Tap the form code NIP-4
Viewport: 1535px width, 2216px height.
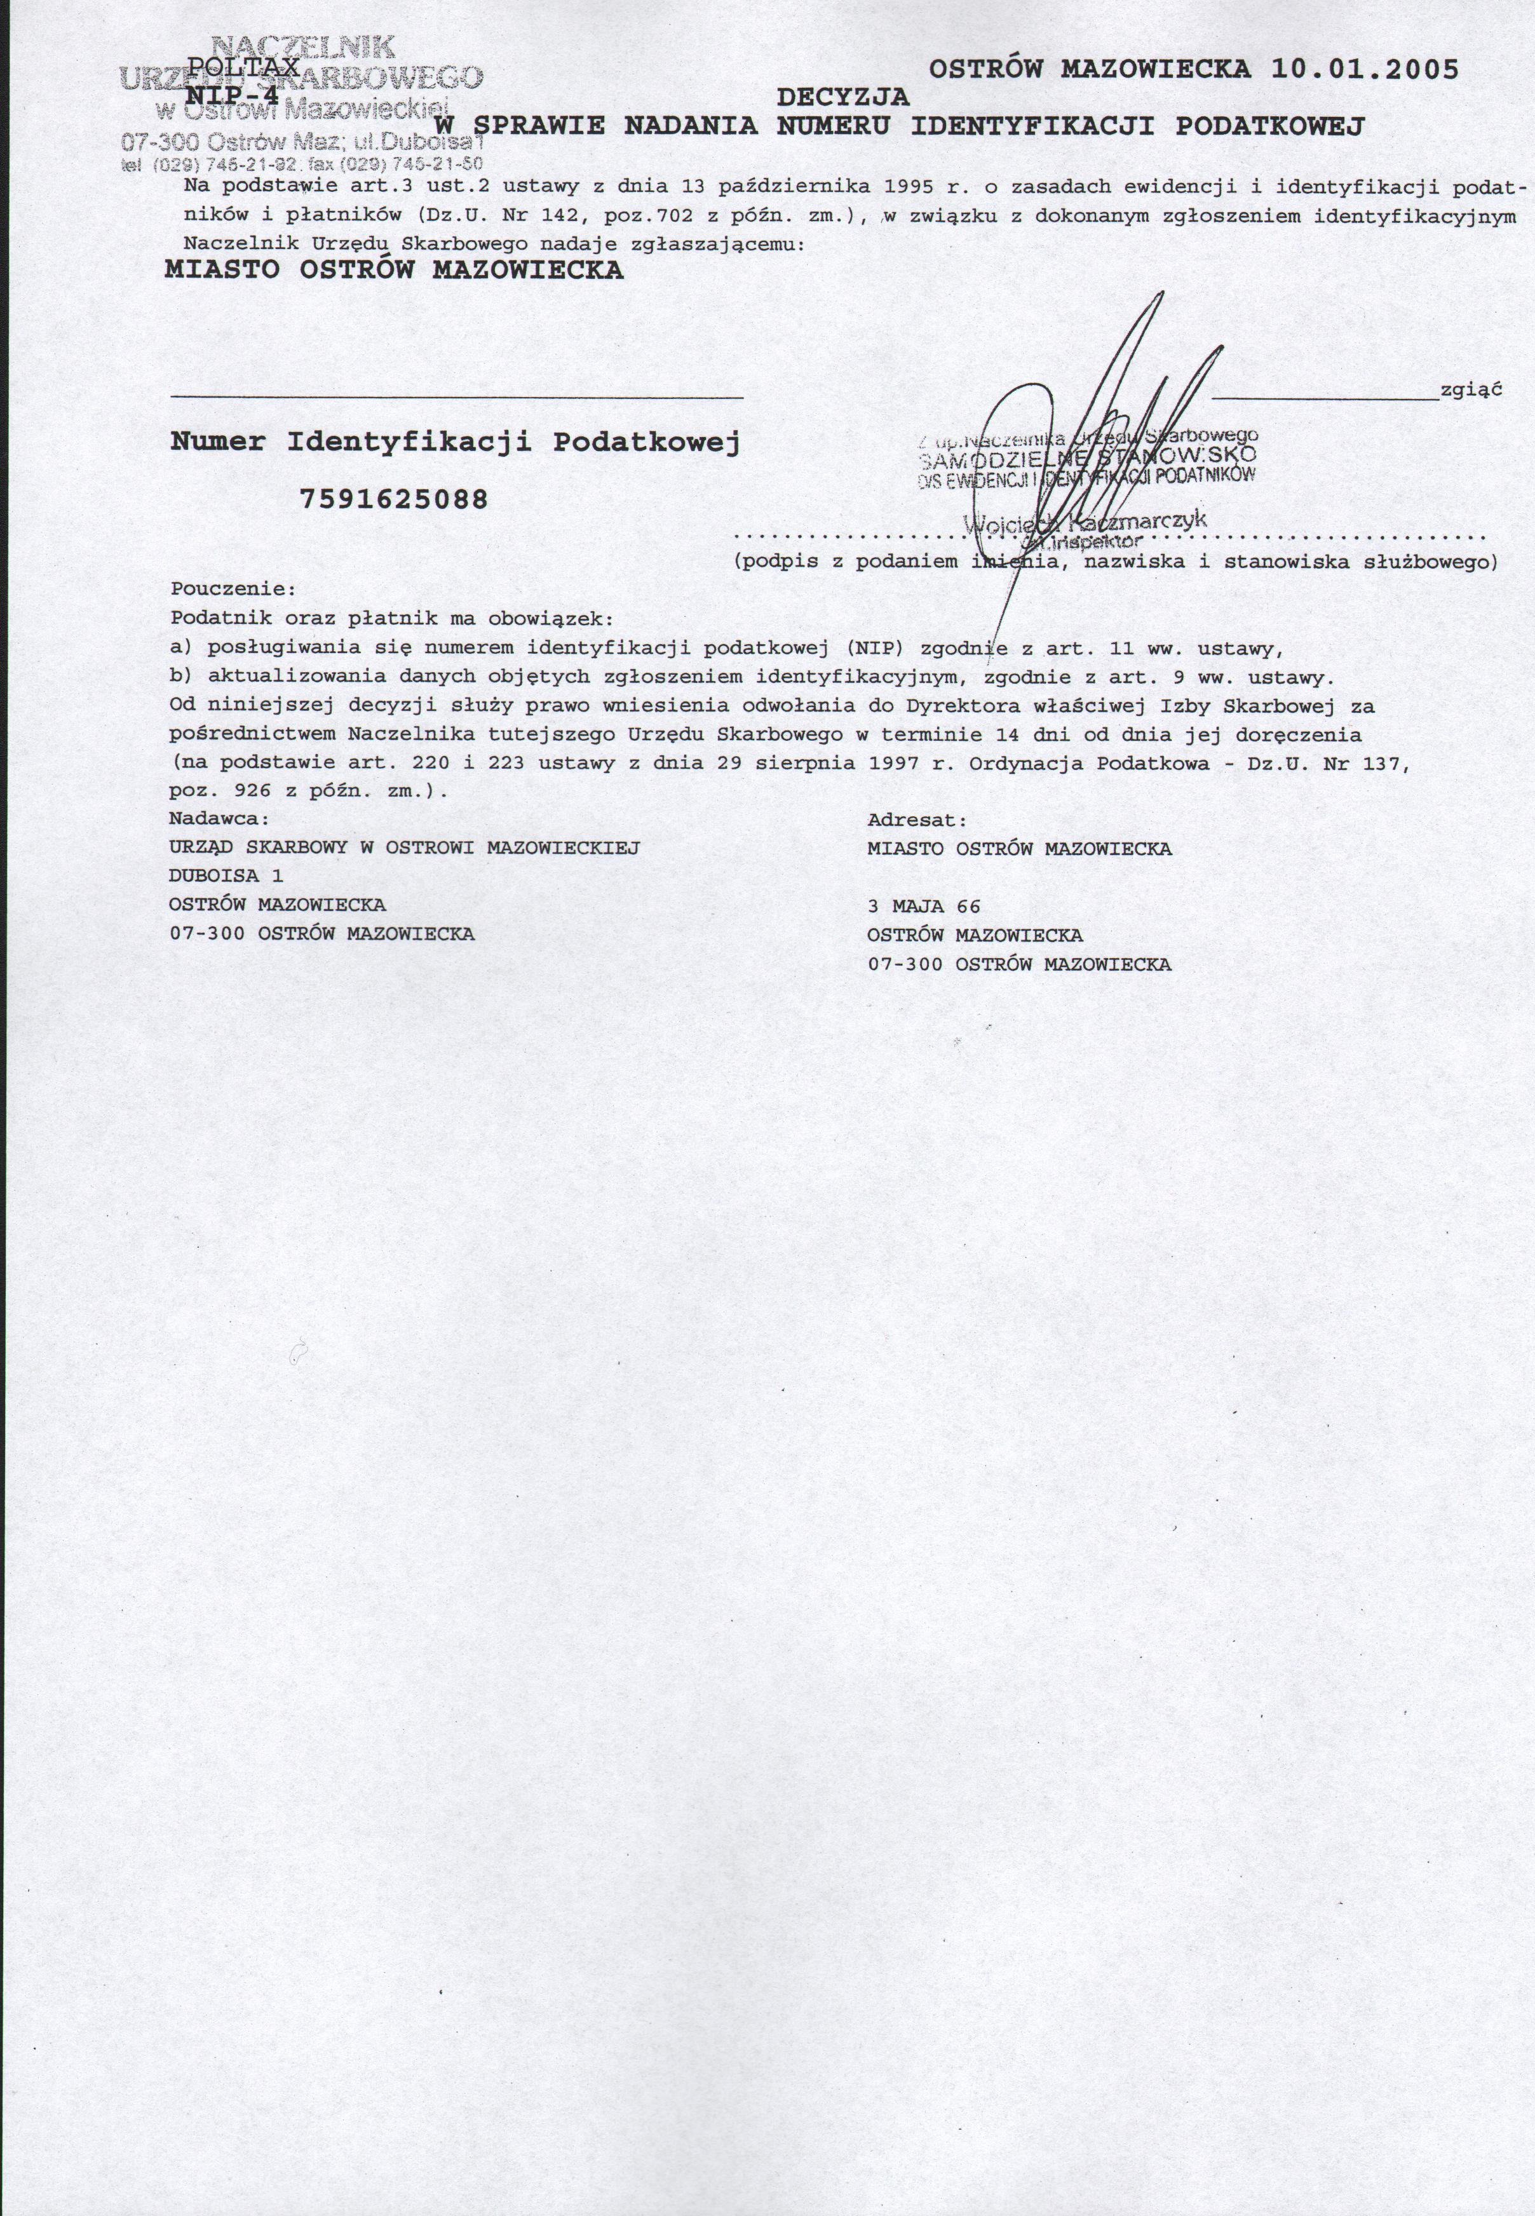pyautogui.click(x=231, y=96)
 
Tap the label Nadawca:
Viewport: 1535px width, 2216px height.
pyautogui.click(x=219, y=820)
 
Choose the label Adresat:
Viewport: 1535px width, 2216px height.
pyautogui.click(x=917, y=820)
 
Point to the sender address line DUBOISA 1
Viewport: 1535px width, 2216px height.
pyautogui.click(x=226, y=876)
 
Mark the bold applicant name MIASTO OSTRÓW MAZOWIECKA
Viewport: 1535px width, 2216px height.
pyautogui.click(x=395, y=270)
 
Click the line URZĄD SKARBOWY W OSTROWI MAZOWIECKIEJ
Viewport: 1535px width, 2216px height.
pyautogui.click(x=404, y=848)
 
